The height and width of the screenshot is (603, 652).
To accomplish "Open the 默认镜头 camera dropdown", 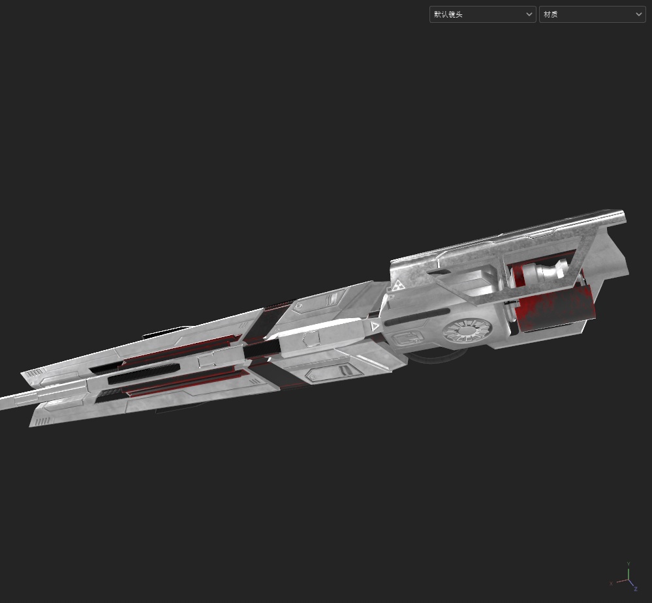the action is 482,14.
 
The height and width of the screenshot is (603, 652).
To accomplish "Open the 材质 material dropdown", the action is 592,14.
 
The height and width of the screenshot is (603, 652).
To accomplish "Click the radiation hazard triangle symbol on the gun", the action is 398,286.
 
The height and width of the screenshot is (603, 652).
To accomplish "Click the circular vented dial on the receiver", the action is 467,331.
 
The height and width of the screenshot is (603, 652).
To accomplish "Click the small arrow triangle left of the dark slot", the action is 375,326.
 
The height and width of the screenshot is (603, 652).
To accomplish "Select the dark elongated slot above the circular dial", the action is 416,316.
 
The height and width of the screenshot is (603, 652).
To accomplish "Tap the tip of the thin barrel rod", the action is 1,404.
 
